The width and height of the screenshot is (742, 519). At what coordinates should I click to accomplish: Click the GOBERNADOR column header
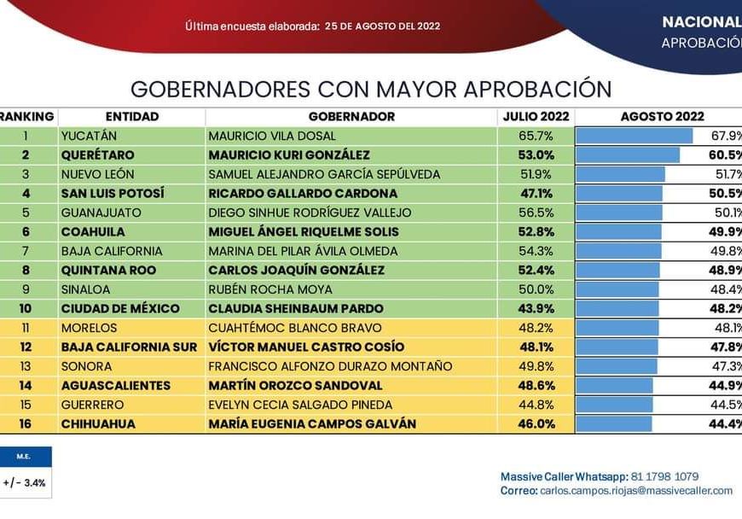(x=351, y=116)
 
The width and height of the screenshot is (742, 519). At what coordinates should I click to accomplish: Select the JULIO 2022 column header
(x=535, y=116)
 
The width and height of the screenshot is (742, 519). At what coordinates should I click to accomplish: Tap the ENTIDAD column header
(x=132, y=116)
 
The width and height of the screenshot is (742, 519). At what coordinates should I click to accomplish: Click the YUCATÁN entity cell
(x=90, y=136)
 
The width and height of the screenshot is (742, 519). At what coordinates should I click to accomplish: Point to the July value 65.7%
(x=536, y=136)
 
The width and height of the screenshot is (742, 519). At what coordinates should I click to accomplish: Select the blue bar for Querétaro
(x=628, y=155)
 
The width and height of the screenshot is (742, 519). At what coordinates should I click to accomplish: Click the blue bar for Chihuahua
(x=614, y=423)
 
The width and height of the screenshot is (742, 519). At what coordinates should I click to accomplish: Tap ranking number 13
(x=26, y=366)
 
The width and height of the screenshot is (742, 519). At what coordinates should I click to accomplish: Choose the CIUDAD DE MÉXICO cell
(x=120, y=308)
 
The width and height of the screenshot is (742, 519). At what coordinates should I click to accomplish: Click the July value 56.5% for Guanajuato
(x=536, y=213)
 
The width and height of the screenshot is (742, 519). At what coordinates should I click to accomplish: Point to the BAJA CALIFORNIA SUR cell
(x=129, y=347)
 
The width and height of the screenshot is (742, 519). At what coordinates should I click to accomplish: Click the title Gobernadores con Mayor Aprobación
(x=371, y=90)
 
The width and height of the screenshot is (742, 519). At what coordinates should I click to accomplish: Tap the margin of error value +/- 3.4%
(x=25, y=482)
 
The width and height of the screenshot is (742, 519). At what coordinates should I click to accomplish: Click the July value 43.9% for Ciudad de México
(x=536, y=308)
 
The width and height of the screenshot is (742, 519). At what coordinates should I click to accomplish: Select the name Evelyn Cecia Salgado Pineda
(x=300, y=405)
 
